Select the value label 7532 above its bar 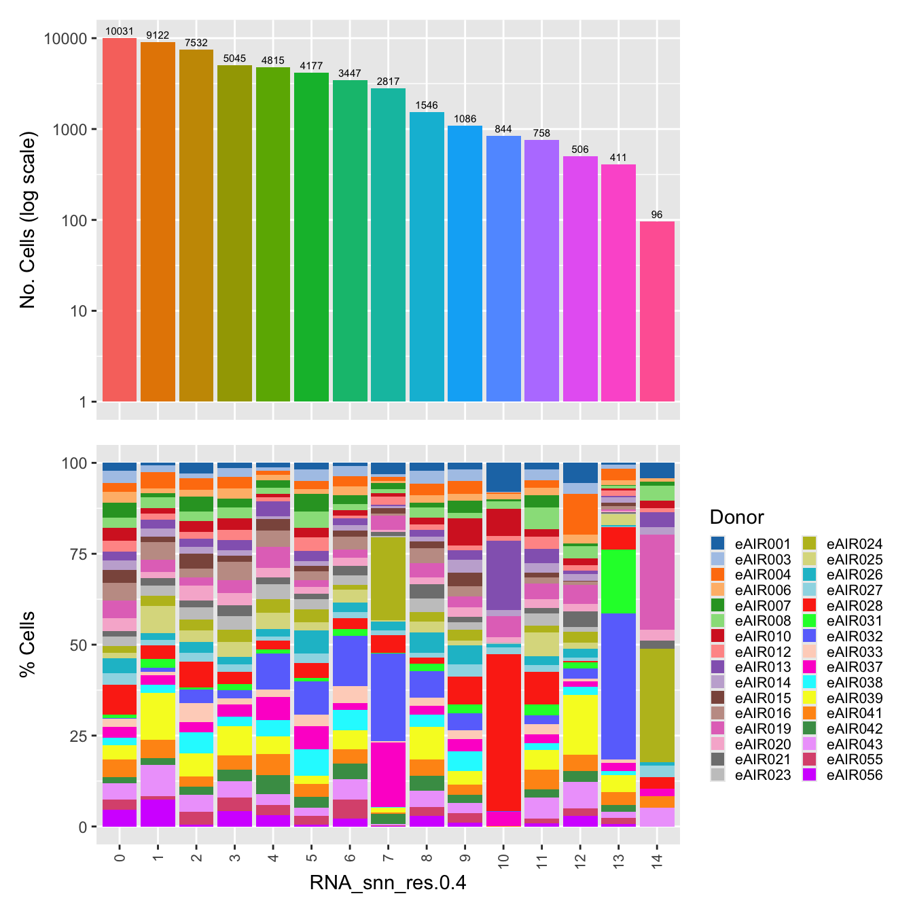pyautogui.click(x=196, y=43)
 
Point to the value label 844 pyautogui.click(x=503, y=129)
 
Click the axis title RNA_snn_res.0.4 pyautogui.click(x=388, y=882)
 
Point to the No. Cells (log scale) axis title pyautogui.click(x=27, y=220)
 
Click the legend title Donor pyautogui.click(x=736, y=518)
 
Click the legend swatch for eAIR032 pyautogui.click(x=809, y=636)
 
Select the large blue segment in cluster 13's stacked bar pyautogui.click(x=618, y=686)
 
